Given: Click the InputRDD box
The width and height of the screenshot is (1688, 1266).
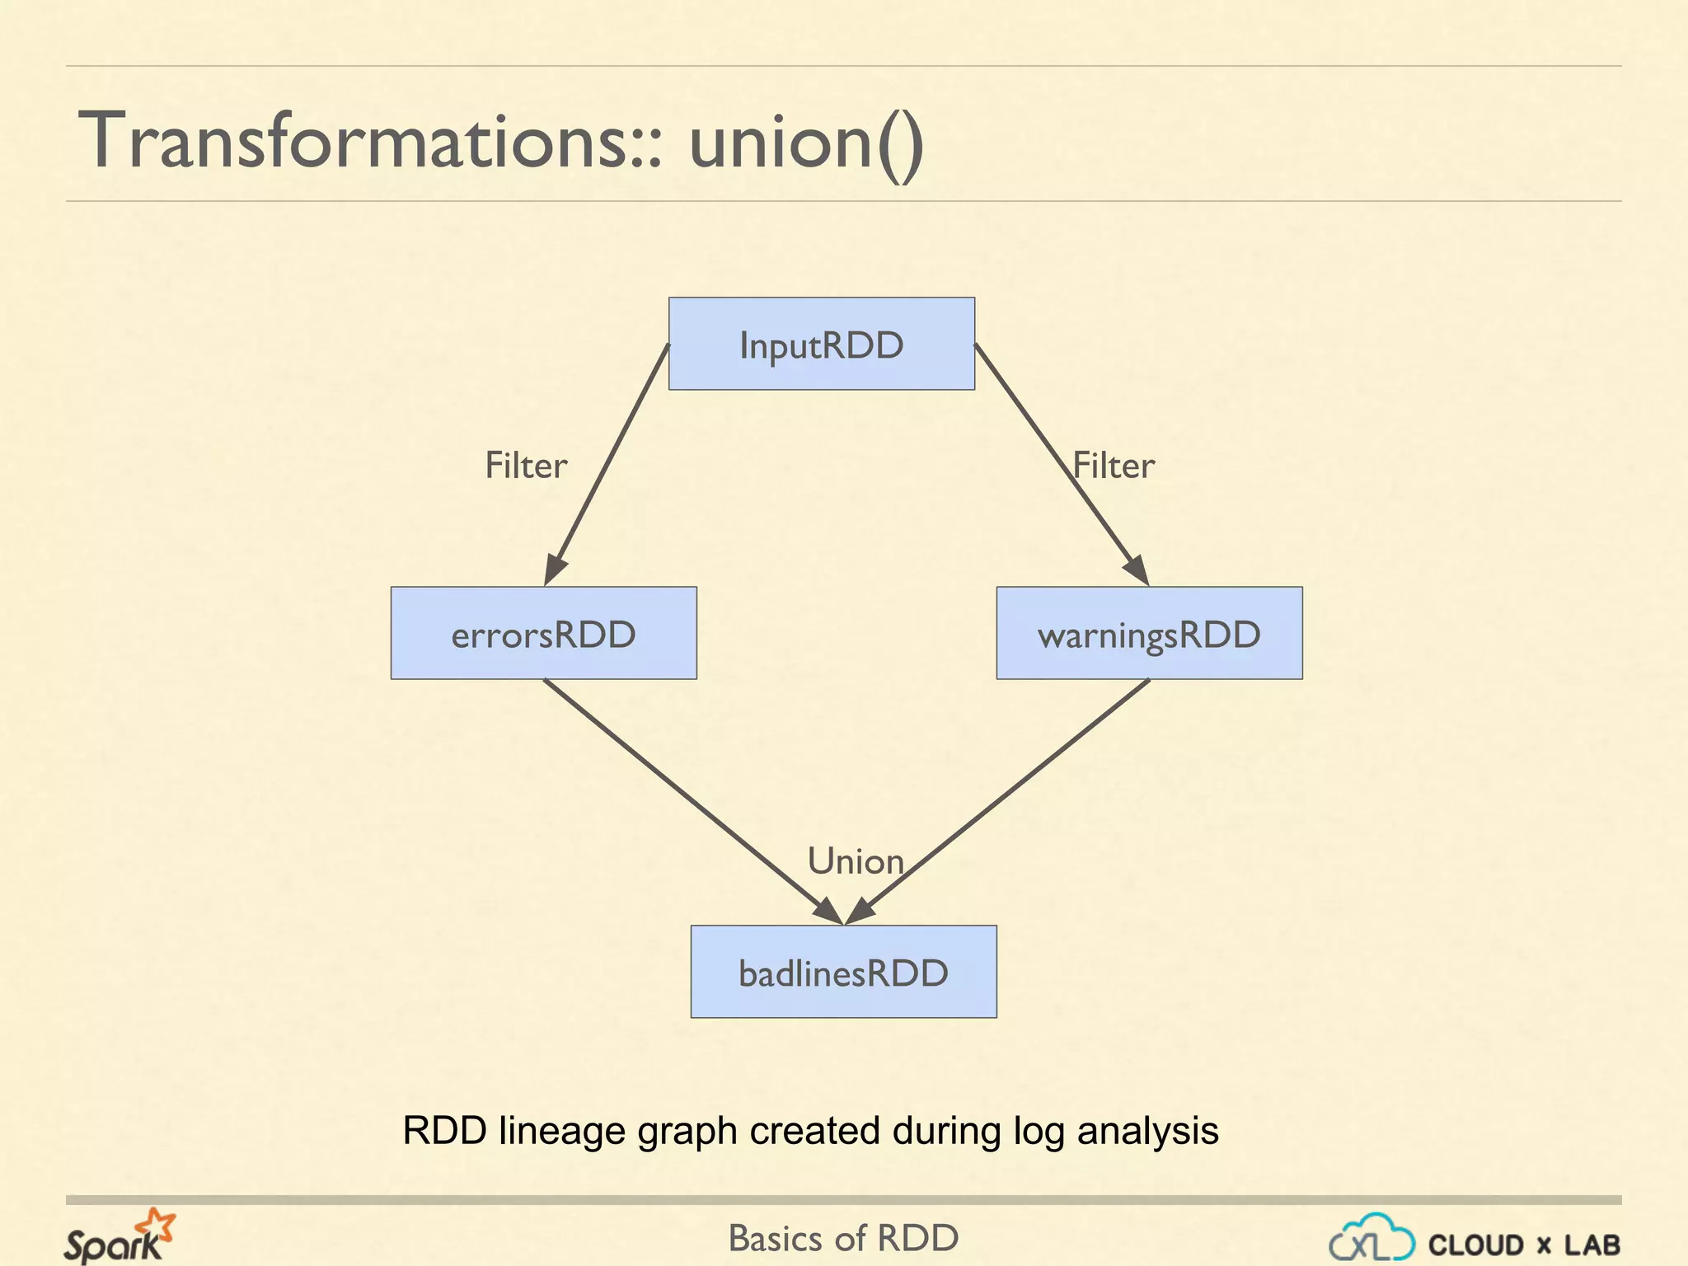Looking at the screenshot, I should click(x=821, y=344).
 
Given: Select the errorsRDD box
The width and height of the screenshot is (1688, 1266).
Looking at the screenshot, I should click(x=543, y=633).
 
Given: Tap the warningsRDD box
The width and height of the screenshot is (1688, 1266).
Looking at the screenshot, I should click(x=1149, y=633).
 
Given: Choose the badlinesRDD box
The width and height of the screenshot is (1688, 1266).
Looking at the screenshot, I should click(x=843, y=972).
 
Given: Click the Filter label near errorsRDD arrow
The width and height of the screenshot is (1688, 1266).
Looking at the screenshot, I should click(x=526, y=466).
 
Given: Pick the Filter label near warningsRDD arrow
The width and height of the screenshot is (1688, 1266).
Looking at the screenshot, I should click(x=1114, y=466).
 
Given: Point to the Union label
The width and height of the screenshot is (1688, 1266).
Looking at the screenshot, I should click(x=856, y=861).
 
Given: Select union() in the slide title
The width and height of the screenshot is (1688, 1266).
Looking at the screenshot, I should click(x=806, y=142).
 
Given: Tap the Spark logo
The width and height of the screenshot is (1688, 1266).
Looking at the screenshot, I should click(x=120, y=1236).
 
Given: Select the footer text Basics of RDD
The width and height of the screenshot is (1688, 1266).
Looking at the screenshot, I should click(x=843, y=1238).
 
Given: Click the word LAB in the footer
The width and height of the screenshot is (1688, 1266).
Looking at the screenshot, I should click(x=1592, y=1245).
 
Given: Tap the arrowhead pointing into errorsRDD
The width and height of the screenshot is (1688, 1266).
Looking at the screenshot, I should click(x=555, y=570).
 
